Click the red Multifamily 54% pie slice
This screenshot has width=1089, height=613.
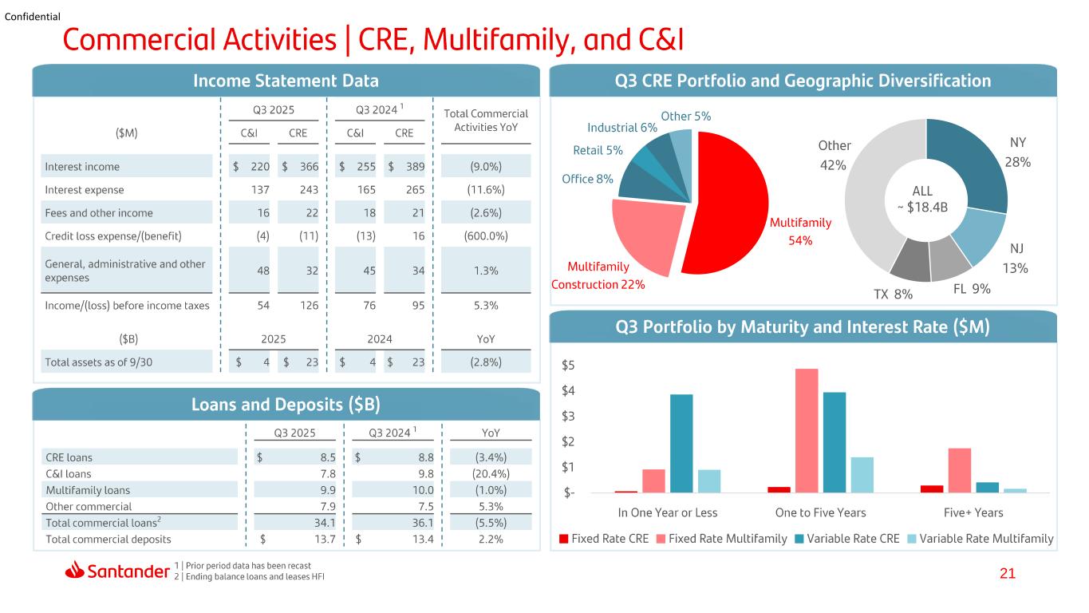[x=729, y=204]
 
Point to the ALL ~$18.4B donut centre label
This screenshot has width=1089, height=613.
[x=923, y=199]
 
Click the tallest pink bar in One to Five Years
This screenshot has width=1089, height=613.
[x=807, y=430]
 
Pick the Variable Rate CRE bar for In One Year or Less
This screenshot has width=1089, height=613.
[x=681, y=443]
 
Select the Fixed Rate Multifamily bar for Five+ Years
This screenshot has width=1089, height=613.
[x=959, y=470]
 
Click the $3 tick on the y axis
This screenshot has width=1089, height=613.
[x=568, y=416]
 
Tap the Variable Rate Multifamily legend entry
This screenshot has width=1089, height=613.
[x=980, y=539]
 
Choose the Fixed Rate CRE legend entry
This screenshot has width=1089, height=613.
[x=604, y=539]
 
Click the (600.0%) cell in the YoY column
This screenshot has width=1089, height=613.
[x=486, y=236]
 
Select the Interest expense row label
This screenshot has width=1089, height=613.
[x=84, y=190]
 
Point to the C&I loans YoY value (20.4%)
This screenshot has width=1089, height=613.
[x=491, y=473]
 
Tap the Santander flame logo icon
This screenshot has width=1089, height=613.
[x=74, y=570]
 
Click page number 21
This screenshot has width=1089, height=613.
[x=1008, y=573]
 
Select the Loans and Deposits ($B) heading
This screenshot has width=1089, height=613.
[x=286, y=405]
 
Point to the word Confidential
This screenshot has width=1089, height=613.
[x=33, y=17]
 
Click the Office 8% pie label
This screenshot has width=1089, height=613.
[x=587, y=179]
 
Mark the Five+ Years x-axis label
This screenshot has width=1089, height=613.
[x=973, y=512]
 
